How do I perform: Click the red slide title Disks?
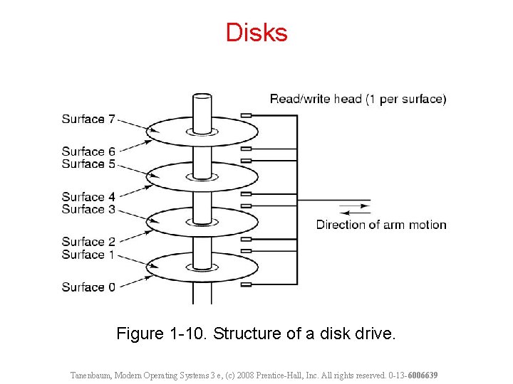(256, 33)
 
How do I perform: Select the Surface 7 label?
(88, 119)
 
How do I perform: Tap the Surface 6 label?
(88, 151)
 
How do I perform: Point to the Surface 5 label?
(88, 164)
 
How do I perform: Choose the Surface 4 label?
(88, 197)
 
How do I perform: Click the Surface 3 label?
(88, 210)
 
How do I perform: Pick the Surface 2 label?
(88, 242)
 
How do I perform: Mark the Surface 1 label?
(88, 255)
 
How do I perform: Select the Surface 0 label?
(88, 287)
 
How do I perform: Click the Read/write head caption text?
(358, 100)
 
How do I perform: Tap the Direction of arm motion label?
(381, 225)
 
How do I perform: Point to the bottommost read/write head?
(247, 284)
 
